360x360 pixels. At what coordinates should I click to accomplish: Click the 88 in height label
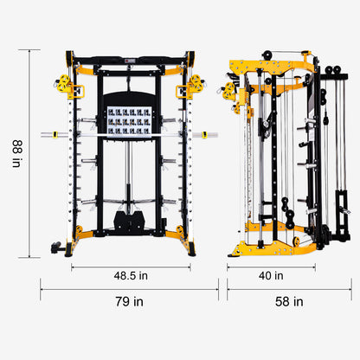(16, 154)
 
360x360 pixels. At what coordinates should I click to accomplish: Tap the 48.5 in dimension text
(130, 275)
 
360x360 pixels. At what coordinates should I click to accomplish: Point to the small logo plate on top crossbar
(130, 60)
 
